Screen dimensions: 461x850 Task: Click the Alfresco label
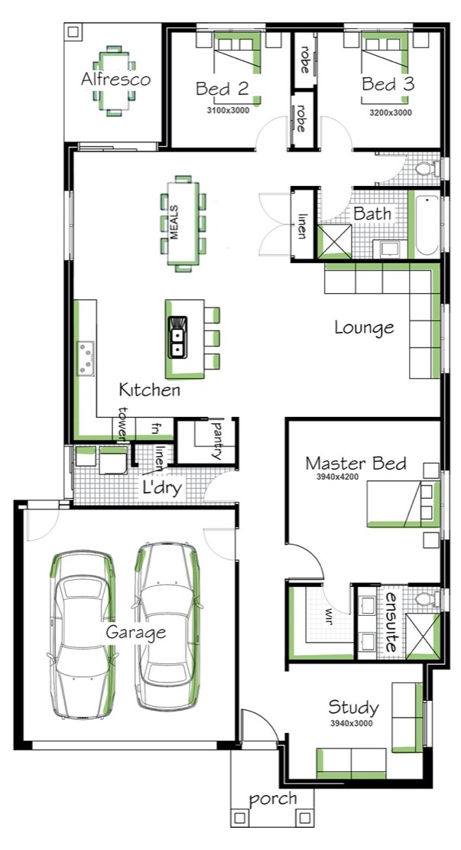(x=115, y=80)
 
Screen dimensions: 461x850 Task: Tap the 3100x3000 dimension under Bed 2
(x=228, y=111)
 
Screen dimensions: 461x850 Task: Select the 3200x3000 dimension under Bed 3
(x=391, y=112)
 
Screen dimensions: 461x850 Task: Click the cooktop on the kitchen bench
(x=85, y=358)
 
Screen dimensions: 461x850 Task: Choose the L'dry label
(x=161, y=487)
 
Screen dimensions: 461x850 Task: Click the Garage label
(x=135, y=632)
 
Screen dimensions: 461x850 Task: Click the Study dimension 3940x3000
(x=350, y=723)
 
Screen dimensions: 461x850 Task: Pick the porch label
(x=274, y=799)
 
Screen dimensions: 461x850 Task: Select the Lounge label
(x=364, y=328)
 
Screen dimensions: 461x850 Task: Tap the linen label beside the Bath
(x=302, y=224)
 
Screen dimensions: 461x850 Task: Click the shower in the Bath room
(x=333, y=241)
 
